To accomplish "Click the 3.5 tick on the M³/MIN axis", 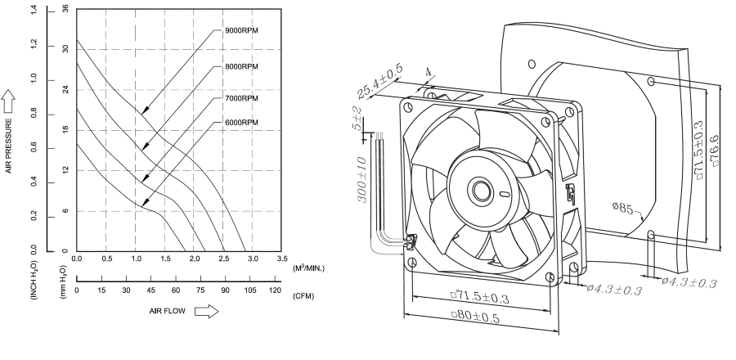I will (282, 258).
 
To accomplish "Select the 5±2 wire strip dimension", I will (357, 119).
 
